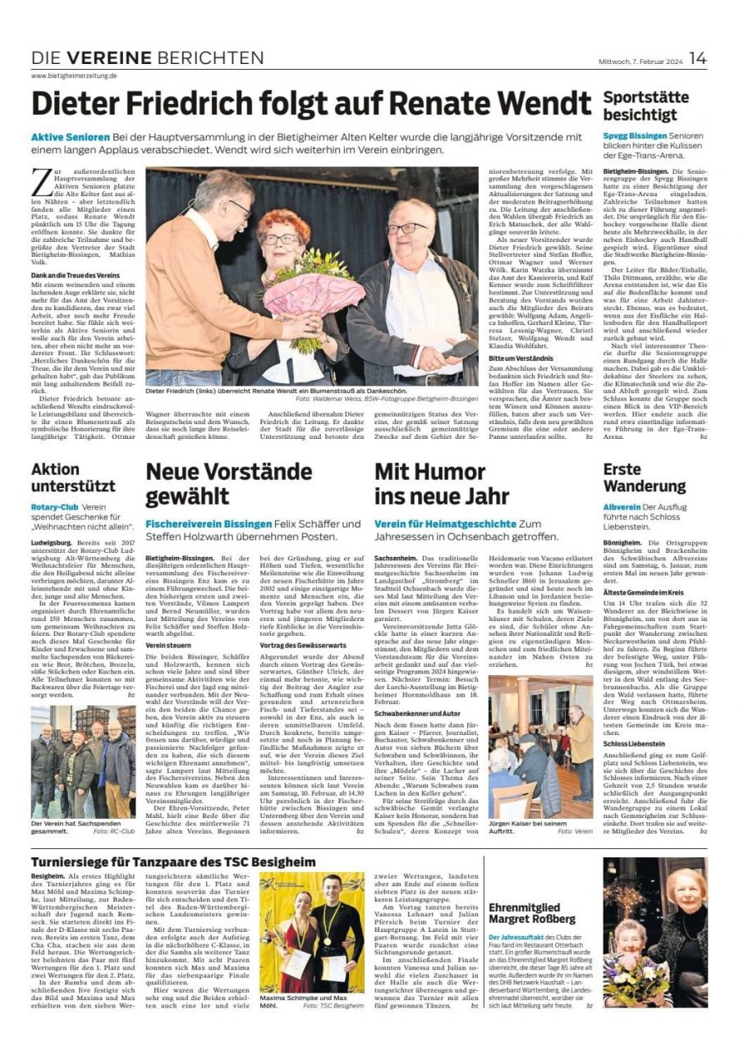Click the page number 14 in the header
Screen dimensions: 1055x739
(697, 57)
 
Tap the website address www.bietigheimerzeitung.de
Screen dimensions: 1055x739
(75, 75)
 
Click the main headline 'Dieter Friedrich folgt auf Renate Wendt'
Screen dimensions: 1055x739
(310, 104)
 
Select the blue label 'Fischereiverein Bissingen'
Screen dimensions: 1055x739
(209, 523)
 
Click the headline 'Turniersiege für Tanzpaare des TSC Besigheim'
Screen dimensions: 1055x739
(173, 862)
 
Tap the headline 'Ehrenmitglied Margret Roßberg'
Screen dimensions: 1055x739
(531, 912)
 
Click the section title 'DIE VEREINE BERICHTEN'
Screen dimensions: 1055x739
(148, 57)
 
